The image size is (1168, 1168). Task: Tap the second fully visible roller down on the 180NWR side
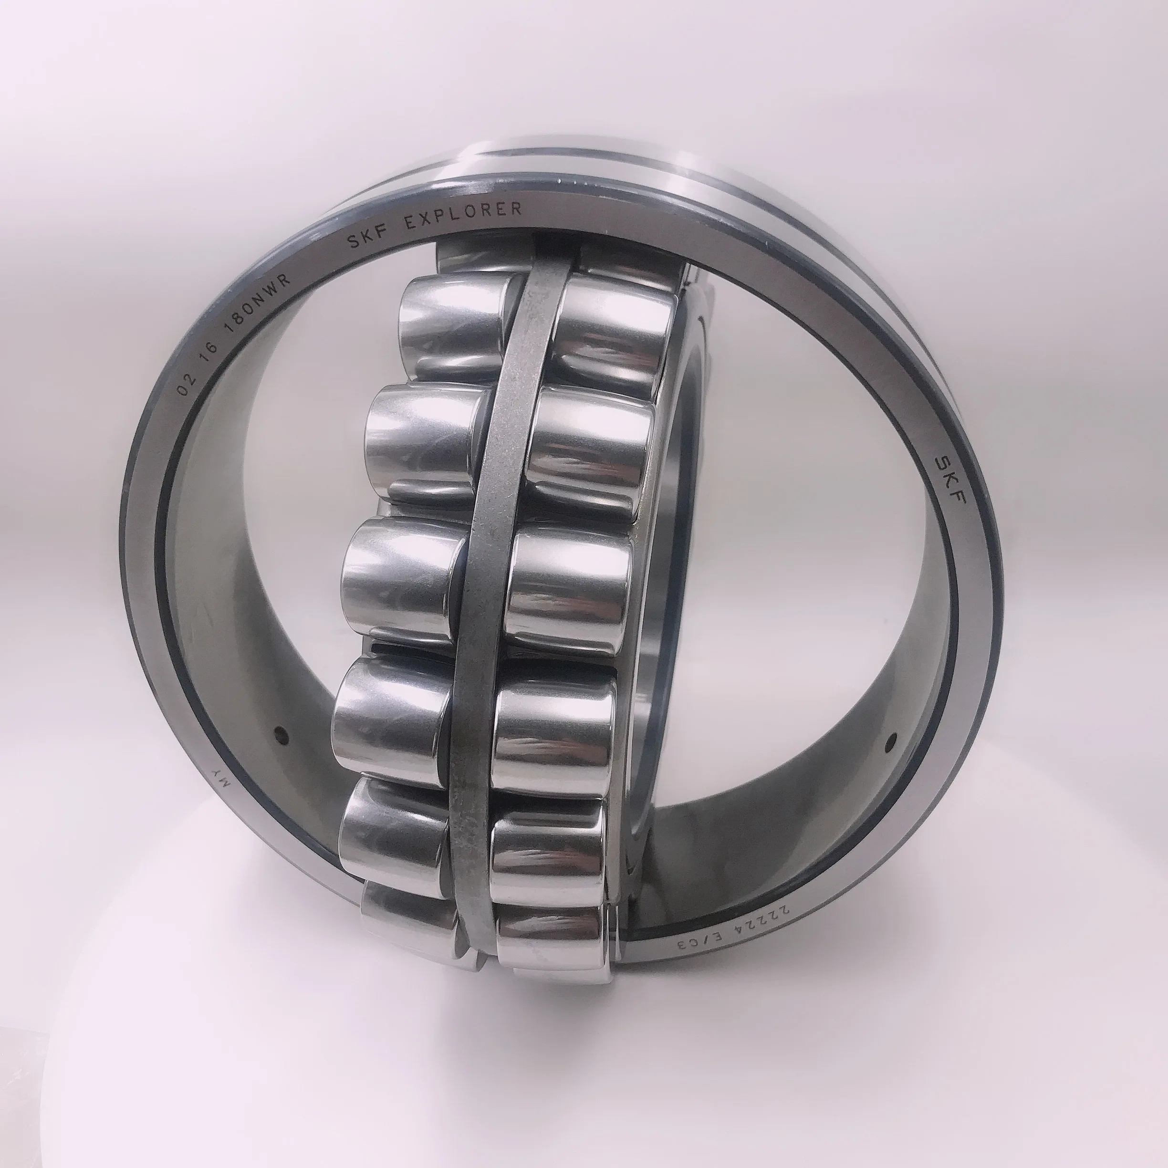[x=423, y=438]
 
